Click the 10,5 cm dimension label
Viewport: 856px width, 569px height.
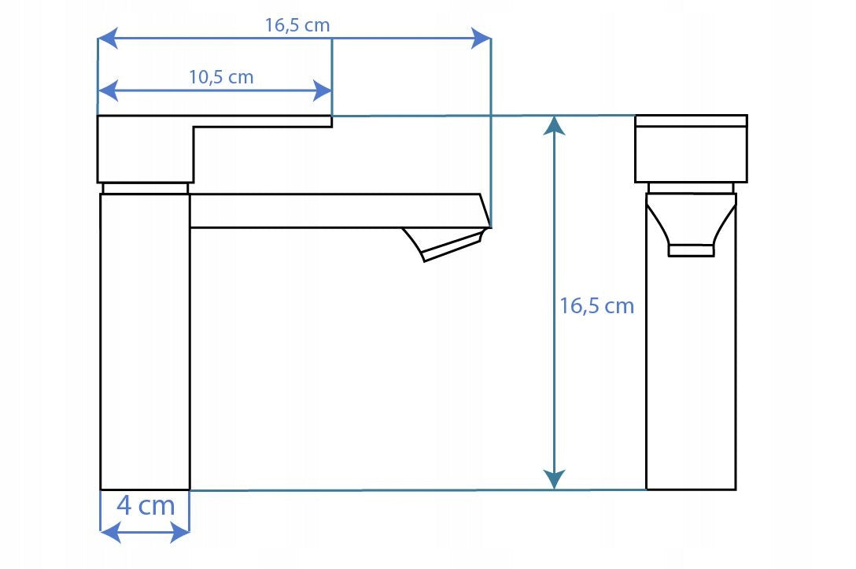[x=221, y=77]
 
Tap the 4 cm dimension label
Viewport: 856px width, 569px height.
[x=146, y=505]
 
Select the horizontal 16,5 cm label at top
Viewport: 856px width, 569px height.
[x=297, y=25]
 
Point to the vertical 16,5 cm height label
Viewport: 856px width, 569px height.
[x=596, y=306]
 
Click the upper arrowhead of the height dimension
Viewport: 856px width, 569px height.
[x=555, y=126]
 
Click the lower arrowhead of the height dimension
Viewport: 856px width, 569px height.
[x=555, y=479]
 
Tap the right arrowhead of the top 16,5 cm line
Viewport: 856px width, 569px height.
[x=481, y=39]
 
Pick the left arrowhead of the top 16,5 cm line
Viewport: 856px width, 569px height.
[x=108, y=39]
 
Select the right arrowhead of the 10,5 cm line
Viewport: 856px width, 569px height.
[x=322, y=90]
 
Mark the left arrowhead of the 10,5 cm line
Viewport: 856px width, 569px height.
[x=108, y=90]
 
